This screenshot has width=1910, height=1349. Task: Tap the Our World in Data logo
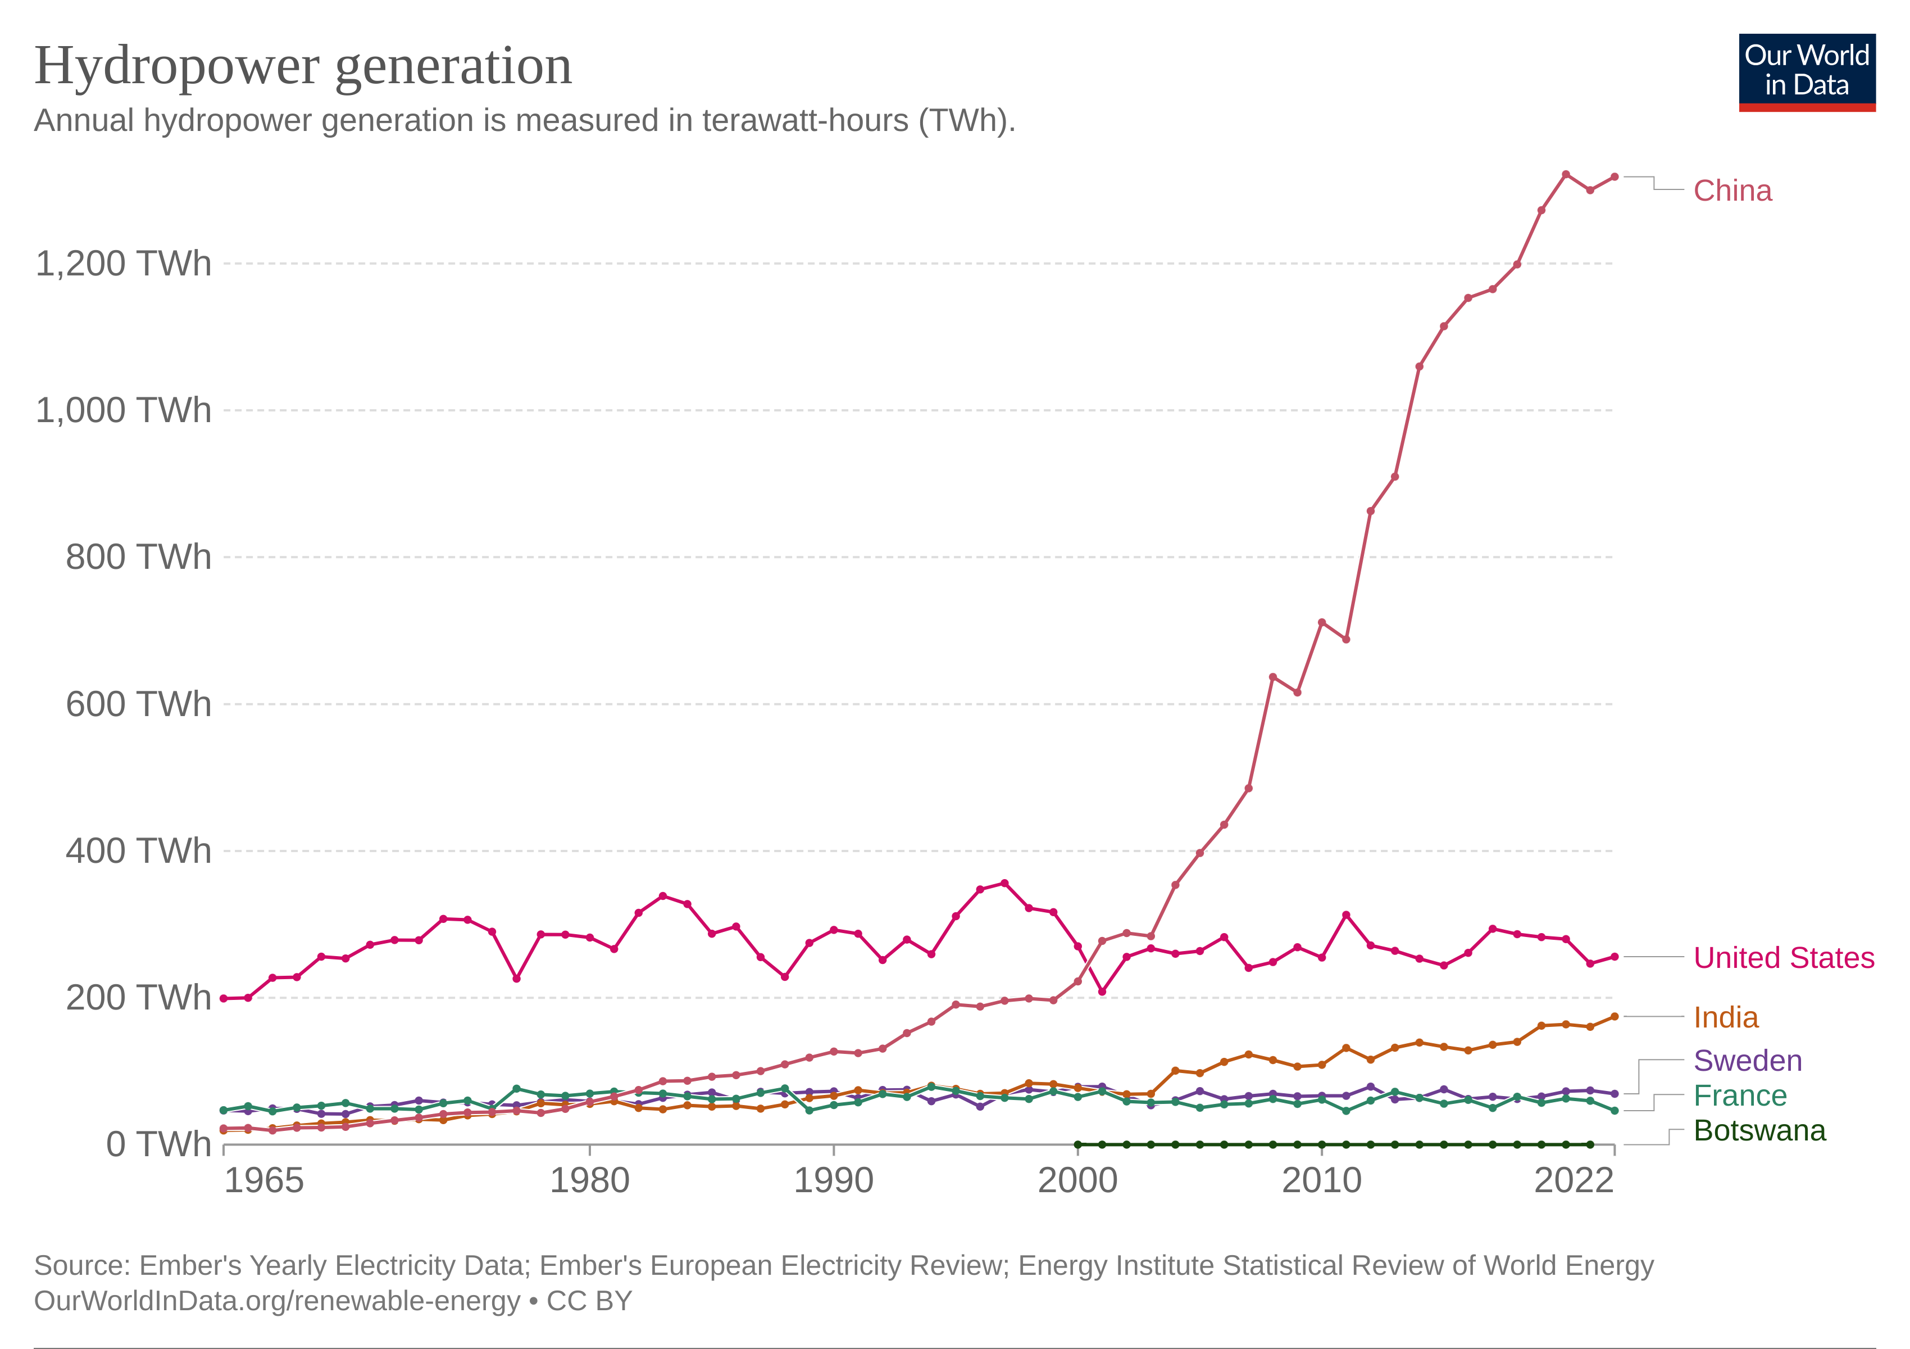[1806, 71]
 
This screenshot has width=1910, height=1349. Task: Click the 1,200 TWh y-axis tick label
[123, 264]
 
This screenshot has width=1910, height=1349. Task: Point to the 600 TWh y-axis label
[138, 704]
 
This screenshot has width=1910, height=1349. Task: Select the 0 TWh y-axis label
[158, 1144]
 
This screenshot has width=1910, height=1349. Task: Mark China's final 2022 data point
[1614, 176]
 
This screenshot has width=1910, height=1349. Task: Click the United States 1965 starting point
[224, 998]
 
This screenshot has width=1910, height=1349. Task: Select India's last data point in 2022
[1614, 1016]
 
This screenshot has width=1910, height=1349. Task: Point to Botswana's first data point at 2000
[1077, 1144]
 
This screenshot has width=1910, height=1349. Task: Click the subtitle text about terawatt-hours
[524, 121]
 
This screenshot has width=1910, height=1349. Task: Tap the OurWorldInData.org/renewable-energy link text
[276, 1300]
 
